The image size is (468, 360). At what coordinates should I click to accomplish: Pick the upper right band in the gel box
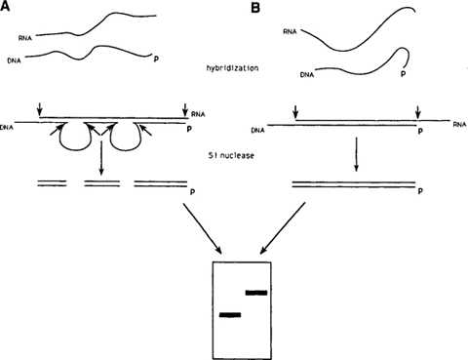point(257,292)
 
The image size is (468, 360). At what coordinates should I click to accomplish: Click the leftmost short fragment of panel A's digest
point(53,182)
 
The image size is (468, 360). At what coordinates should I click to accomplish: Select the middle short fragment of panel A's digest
point(101,182)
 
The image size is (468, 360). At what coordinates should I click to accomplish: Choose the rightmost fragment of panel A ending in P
point(162,182)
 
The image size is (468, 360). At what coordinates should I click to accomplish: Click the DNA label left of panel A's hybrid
point(9,125)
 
